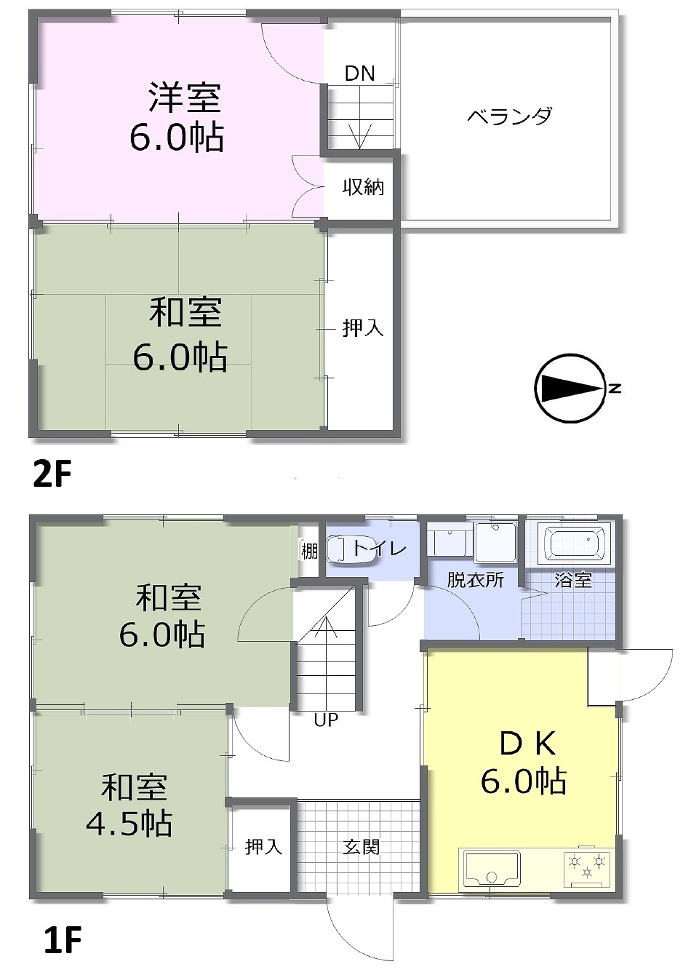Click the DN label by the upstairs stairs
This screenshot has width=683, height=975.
coord(359,73)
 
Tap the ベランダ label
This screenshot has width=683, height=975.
coord(510,116)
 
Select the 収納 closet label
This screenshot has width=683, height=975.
coord(363,187)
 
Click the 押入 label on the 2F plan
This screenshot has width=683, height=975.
coord(363,327)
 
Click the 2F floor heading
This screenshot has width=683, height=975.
coord(52,475)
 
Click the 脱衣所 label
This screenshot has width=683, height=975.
coord(475,580)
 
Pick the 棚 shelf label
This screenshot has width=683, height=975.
coord(309,551)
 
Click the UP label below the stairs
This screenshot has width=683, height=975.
coord(326,720)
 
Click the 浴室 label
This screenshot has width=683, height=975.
coord(572,580)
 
